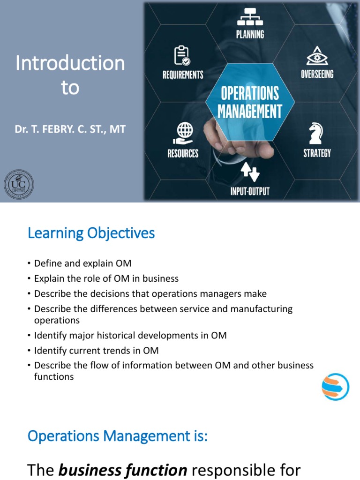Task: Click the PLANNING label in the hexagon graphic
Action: coord(250,34)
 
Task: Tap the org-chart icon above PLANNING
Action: coord(250,17)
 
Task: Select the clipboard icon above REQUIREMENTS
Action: coord(182,55)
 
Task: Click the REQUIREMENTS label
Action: coord(183,75)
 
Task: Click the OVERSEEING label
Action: coord(317,74)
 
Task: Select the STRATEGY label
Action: coord(317,153)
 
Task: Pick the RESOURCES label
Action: coord(183,153)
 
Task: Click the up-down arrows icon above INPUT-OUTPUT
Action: coord(250,172)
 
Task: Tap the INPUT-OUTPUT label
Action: coord(250,191)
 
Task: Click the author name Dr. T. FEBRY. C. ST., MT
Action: coord(70,129)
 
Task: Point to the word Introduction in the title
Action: coord(70,63)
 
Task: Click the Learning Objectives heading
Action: coord(91,233)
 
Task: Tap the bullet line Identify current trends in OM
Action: coord(96,351)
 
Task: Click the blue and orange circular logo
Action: coord(335,387)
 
